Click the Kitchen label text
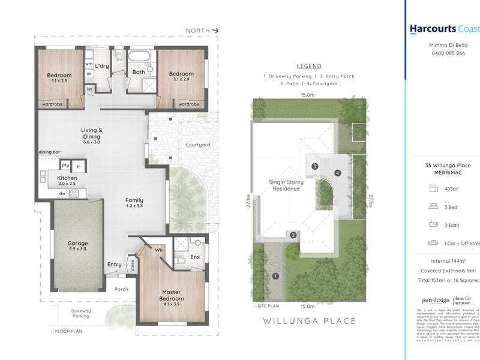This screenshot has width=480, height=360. (x=66, y=178)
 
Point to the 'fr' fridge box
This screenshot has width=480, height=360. (x=79, y=165)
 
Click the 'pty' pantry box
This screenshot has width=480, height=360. (x=65, y=165)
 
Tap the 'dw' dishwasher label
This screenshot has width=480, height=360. (x=62, y=193)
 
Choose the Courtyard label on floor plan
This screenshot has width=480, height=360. (x=197, y=145)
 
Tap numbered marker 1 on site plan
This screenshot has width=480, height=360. (x=275, y=277)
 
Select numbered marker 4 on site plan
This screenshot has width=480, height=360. (x=338, y=173)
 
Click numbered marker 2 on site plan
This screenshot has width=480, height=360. (x=293, y=235)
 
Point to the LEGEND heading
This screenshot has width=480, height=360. (x=309, y=66)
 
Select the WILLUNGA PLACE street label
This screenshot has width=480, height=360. (x=310, y=321)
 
